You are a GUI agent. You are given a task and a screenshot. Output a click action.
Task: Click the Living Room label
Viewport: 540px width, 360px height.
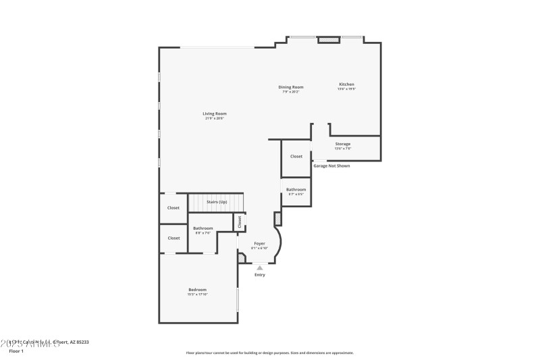[215, 113]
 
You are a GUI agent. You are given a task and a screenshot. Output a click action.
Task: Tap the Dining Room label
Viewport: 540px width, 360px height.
[292, 87]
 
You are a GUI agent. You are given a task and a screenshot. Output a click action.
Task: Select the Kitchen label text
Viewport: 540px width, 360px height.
[346, 84]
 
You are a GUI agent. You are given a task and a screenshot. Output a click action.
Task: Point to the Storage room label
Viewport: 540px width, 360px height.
[343, 144]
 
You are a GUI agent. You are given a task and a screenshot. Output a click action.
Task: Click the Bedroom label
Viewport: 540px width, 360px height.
[197, 290]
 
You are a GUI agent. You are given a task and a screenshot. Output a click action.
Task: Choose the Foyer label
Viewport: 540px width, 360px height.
[259, 243]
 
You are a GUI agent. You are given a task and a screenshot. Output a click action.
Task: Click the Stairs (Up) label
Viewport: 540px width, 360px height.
[217, 202]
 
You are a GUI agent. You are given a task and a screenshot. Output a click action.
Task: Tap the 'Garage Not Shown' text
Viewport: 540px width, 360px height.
[331, 165]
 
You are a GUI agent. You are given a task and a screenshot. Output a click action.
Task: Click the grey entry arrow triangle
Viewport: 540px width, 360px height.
[260, 267]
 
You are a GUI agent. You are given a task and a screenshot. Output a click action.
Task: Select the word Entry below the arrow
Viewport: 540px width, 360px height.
[260, 275]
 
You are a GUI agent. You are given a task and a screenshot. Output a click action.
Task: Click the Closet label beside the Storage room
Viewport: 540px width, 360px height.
[296, 156]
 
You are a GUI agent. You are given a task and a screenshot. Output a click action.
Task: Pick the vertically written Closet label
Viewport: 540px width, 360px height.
[239, 221]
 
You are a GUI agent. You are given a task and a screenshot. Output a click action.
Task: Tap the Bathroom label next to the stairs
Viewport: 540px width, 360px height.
[203, 228]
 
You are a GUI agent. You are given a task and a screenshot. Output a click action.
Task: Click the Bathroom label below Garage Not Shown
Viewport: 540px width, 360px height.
[296, 190]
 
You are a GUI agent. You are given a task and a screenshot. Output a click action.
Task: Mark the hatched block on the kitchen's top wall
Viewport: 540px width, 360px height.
[329, 41]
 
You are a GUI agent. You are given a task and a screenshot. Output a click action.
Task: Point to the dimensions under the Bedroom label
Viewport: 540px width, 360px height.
[197, 294]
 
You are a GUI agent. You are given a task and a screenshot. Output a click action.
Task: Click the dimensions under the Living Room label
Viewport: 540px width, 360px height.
[215, 118]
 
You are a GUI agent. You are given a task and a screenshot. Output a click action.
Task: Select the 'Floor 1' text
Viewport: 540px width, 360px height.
[16, 351]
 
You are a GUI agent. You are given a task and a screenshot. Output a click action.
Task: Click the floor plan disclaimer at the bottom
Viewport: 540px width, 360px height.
[269, 353]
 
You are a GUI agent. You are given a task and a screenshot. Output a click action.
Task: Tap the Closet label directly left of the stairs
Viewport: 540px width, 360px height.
[173, 208]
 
